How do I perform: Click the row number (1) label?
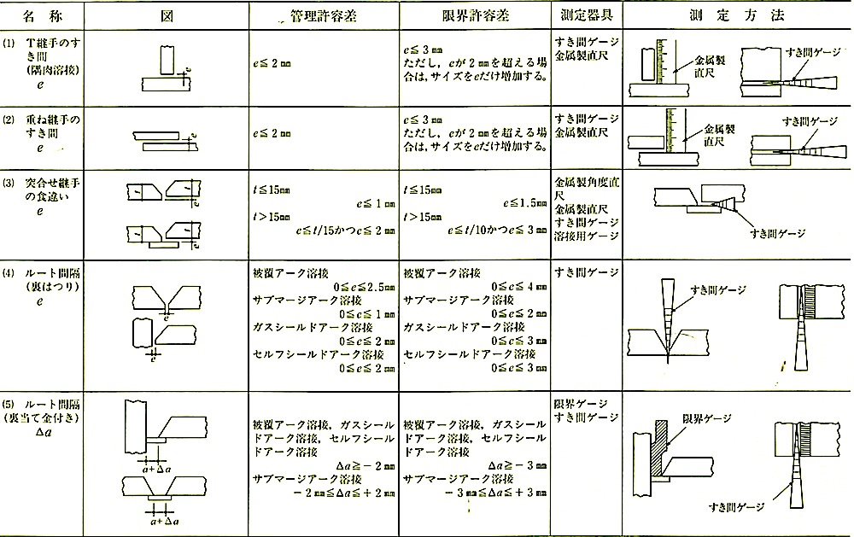pos(9,42)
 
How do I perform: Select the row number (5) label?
pos(9,403)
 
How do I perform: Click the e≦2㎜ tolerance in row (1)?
pos(272,62)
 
